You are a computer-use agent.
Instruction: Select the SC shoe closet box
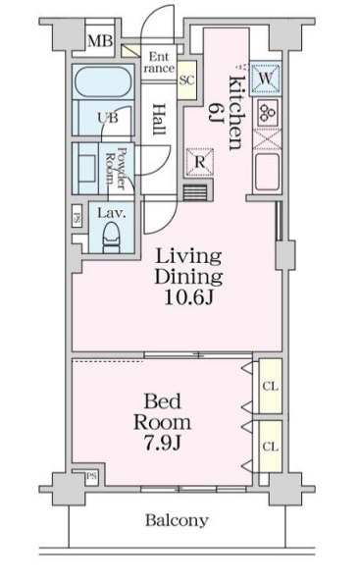click(185, 79)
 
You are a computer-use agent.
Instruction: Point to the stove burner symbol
click(266, 111)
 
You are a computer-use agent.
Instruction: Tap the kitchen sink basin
click(267, 172)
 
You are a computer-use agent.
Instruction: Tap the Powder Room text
click(117, 169)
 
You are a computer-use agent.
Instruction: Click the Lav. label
click(108, 209)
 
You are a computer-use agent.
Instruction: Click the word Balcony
click(177, 520)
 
